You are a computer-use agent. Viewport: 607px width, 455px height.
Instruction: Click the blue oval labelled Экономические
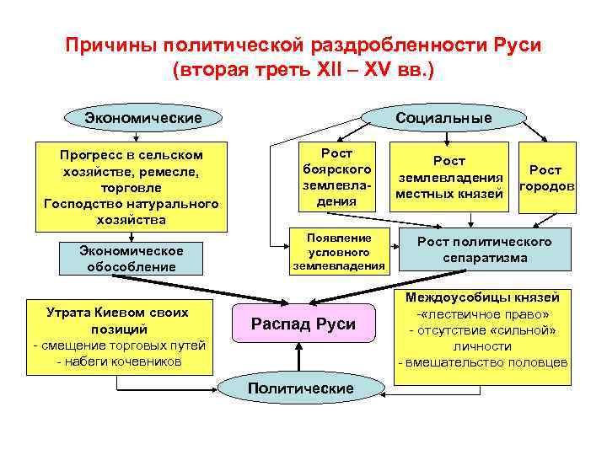coord(143,117)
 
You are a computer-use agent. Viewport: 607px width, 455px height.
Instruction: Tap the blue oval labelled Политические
coord(287,388)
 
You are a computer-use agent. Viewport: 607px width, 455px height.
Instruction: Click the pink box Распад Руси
coord(303,324)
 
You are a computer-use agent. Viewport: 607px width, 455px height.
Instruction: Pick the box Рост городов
coord(546,178)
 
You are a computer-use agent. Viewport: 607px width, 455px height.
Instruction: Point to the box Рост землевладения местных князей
coord(449,178)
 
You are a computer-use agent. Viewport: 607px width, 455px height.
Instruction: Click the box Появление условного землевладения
coord(339,251)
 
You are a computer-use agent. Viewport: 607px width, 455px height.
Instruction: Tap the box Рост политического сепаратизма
coord(485,250)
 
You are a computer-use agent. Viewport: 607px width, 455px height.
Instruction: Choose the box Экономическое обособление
coord(132,259)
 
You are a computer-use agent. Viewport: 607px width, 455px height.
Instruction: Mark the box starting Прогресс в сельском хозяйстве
coord(131,188)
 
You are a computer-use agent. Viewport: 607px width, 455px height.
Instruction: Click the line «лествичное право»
coord(483,313)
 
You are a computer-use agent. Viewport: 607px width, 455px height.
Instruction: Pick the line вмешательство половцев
coord(483,362)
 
